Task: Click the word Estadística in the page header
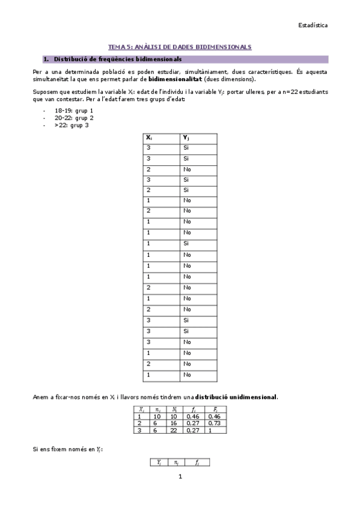313,25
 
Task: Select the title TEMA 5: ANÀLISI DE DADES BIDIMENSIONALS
179,46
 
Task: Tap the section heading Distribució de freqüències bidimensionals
118,60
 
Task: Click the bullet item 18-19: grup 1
74,111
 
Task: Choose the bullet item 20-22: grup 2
74,118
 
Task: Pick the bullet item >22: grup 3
72,125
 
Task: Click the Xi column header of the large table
149,138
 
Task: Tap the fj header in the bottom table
197,462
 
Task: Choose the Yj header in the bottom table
159,462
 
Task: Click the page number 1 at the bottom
180,477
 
